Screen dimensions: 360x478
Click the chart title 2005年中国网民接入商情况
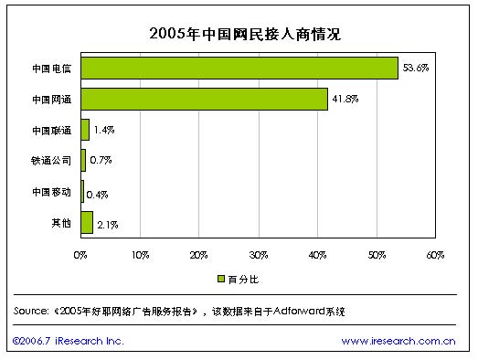(239, 34)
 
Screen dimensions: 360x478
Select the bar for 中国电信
(239, 69)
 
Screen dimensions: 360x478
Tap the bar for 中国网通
(205, 99)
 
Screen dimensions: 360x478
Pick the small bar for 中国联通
(85, 130)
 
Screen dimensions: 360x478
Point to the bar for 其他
(87, 222)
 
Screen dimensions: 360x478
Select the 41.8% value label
(345, 99)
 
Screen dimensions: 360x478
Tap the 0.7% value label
(100, 161)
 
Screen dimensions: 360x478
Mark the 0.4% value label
(98, 193)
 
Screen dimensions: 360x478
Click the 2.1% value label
(107, 223)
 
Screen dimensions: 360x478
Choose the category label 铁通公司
(50, 161)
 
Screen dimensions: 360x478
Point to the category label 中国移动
(50, 192)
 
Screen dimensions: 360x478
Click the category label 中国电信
(50, 69)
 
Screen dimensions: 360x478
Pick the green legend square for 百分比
(220, 278)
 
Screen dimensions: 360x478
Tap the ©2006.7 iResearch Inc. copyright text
(67, 341)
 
